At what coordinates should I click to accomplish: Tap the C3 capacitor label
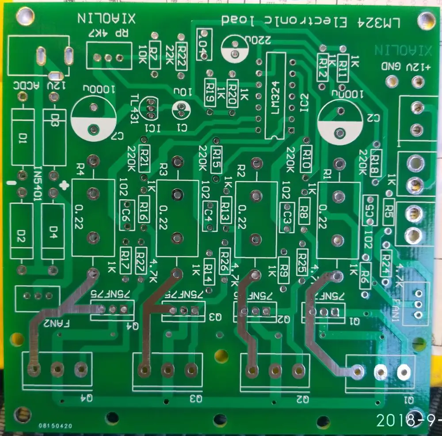(288, 216)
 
